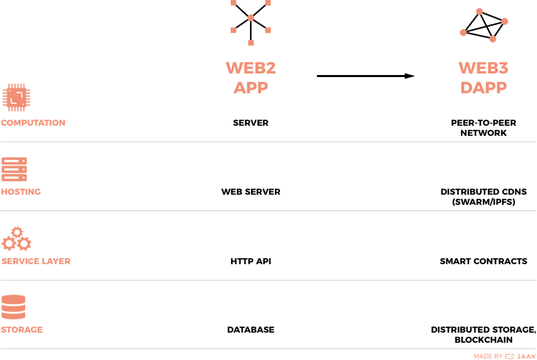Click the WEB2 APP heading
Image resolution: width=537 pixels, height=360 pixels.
[251, 77]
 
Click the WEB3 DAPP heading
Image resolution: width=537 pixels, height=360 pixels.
[483, 77]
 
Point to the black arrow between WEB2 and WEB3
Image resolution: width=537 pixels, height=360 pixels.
[366, 76]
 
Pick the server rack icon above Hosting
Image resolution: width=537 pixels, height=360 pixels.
[14, 170]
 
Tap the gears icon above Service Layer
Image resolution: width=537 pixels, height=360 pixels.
[16, 239]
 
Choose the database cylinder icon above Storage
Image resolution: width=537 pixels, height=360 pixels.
[13, 307]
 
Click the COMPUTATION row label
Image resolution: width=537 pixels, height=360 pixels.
[33, 123]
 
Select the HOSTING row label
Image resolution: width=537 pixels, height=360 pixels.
[21, 192]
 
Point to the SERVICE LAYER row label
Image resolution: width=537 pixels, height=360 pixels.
[36, 261]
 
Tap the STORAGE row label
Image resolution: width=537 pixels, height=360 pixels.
[22, 330]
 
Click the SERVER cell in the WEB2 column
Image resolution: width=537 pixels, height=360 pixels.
[251, 123]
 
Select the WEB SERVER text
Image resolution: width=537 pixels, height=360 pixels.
[251, 192]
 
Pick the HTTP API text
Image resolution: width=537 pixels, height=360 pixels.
[251, 261]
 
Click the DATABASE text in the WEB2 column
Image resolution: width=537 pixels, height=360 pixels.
[251, 330]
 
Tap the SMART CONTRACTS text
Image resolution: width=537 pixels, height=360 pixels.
[483, 261]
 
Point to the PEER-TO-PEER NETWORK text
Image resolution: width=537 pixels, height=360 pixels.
[483, 128]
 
